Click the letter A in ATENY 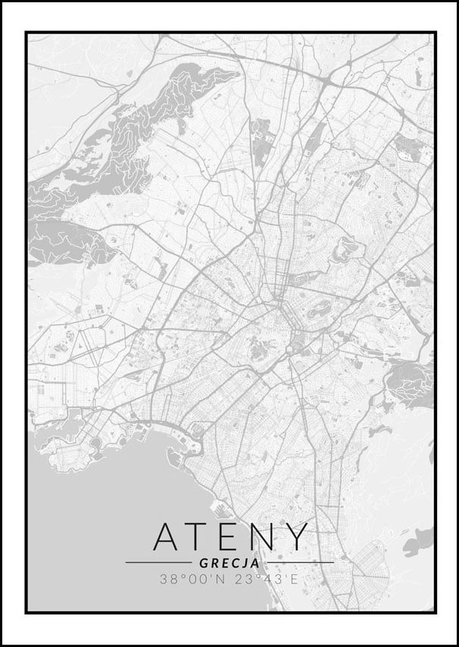[x=168, y=537]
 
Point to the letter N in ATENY [x=264, y=537]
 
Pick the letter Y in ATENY [x=298, y=537]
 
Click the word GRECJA [x=229, y=563]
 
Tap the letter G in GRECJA [x=203, y=563]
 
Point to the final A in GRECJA [x=255, y=563]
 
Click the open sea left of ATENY [x=83, y=522]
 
